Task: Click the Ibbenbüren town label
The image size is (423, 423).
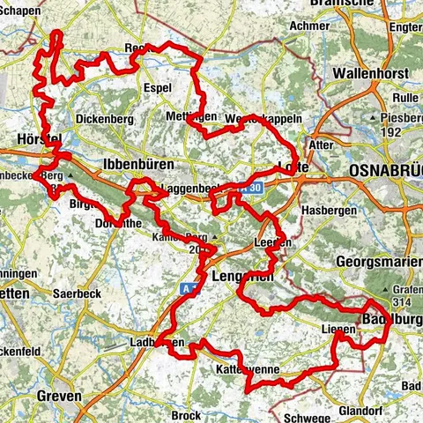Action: click(x=135, y=165)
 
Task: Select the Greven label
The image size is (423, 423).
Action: click(x=60, y=396)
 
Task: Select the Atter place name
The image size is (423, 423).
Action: click(x=323, y=143)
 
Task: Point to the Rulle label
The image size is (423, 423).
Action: click(x=404, y=99)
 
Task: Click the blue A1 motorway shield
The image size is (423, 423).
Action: click(x=189, y=287)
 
